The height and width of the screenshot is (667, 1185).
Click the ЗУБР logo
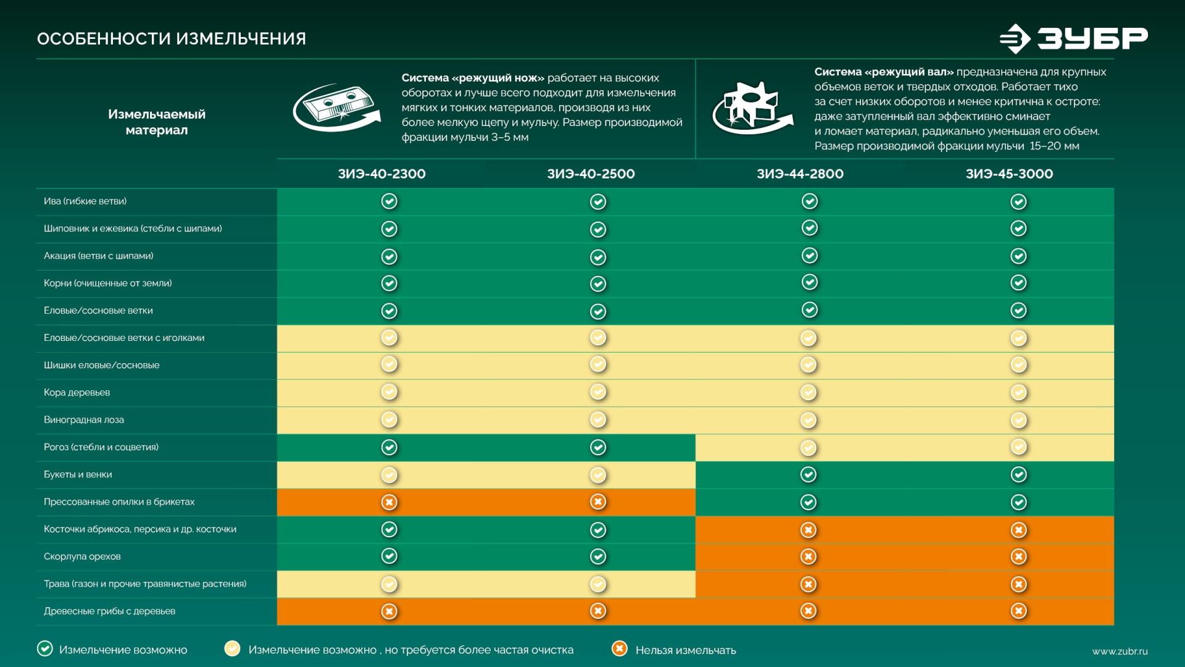coord(1074,38)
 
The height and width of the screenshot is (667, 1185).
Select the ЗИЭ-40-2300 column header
coord(381,174)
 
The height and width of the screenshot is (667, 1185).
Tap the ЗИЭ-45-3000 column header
coord(1009,174)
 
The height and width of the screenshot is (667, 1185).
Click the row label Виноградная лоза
coord(84,420)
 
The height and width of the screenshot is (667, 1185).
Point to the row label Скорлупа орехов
coord(82,556)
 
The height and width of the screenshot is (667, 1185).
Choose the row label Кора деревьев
coord(77,393)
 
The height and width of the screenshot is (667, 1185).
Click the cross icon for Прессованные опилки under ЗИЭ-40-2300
coord(389,502)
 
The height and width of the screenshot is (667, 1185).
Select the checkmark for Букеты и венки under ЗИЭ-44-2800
coord(809,474)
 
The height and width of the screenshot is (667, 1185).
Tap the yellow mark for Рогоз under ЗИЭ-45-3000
coord(1018,447)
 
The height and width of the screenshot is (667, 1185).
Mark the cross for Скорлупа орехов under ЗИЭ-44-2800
coord(809,556)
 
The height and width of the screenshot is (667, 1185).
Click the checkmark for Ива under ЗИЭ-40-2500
coord(598,202)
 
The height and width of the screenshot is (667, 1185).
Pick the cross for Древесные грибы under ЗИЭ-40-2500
coord(598,611)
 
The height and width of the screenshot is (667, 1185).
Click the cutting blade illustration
coord(336,108)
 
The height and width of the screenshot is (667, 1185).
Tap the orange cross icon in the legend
coord(619,648)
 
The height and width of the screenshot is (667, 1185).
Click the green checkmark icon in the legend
coord(45,648)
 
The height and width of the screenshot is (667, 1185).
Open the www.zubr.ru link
coord(1120,652)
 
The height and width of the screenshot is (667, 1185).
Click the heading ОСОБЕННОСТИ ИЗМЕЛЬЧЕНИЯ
coord(172,39)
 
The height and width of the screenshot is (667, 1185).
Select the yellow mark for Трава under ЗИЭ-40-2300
coord(389,584)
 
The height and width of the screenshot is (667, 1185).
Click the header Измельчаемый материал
coord(157,122)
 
